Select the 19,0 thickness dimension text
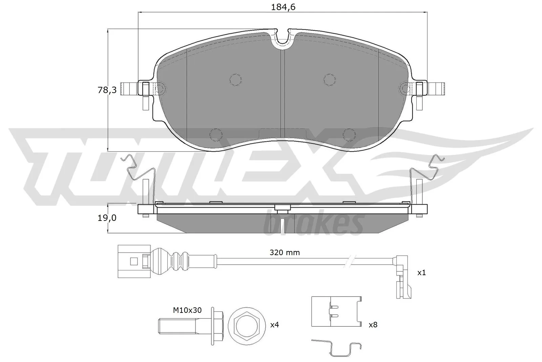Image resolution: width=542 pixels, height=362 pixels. [x=107, y=218]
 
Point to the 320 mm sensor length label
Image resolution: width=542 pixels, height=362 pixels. [x=285, y=252]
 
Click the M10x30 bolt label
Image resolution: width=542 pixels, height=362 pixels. [x=187, y=310]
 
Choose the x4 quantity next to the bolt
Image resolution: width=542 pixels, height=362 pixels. [x=274, y=325]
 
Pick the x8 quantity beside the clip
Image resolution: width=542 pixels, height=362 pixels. [x=373, y=325]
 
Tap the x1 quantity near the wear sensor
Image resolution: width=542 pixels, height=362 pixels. [x=421, y=272]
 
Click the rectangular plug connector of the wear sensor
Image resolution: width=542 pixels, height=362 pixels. [x=130, y=261]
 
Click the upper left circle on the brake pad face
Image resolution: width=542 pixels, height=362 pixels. [x=235, y=79]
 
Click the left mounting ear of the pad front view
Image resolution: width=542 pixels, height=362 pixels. [x=132, y=89]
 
